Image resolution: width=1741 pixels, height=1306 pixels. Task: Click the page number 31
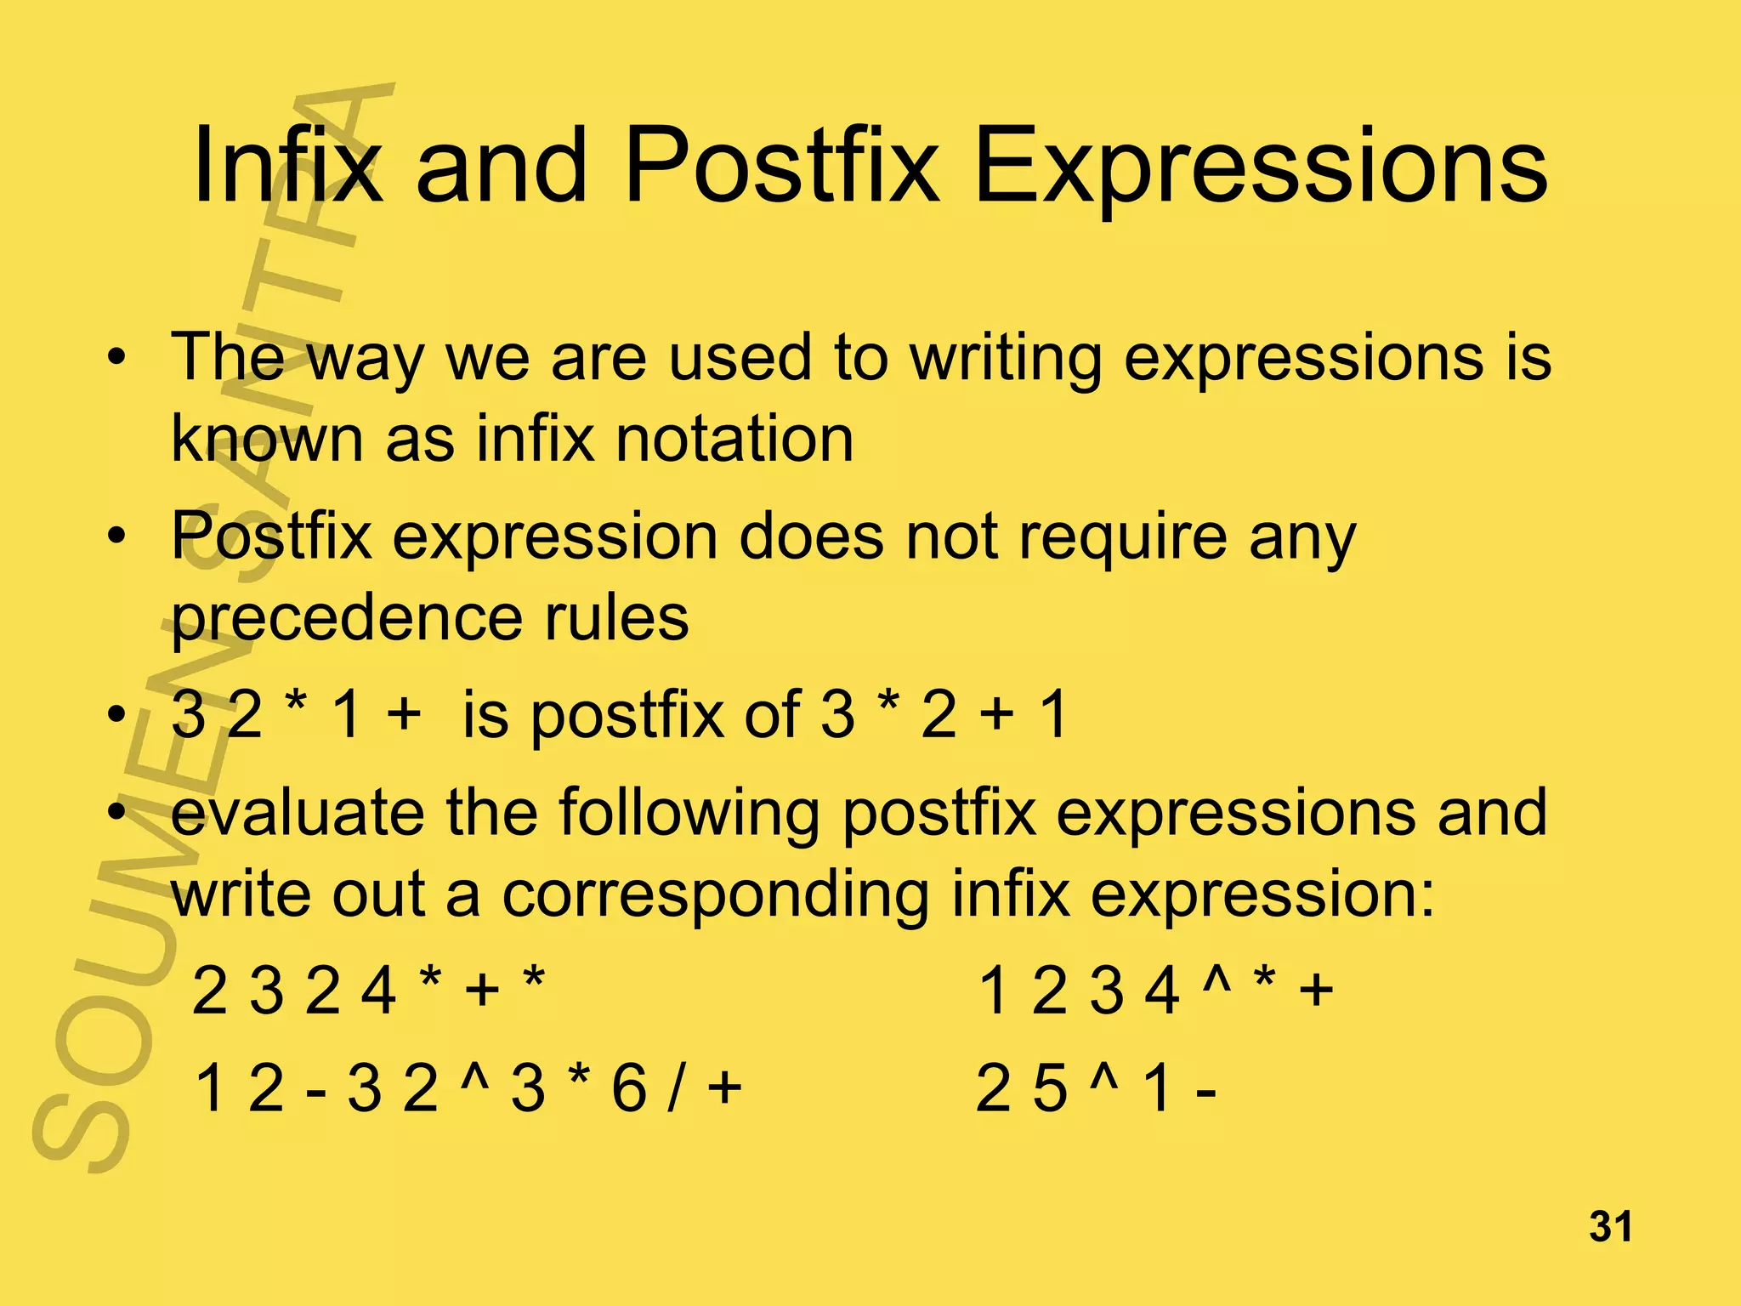click(x=1610, y=1227)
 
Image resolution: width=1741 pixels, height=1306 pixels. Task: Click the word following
click(x=689, y=815)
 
